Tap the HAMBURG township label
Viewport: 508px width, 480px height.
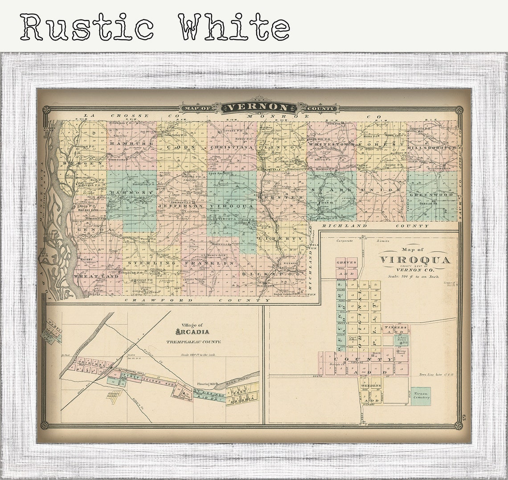132,144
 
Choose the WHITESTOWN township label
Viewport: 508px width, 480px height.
331,145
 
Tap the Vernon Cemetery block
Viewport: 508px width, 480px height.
421,396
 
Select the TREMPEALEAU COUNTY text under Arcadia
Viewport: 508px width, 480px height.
193,342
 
